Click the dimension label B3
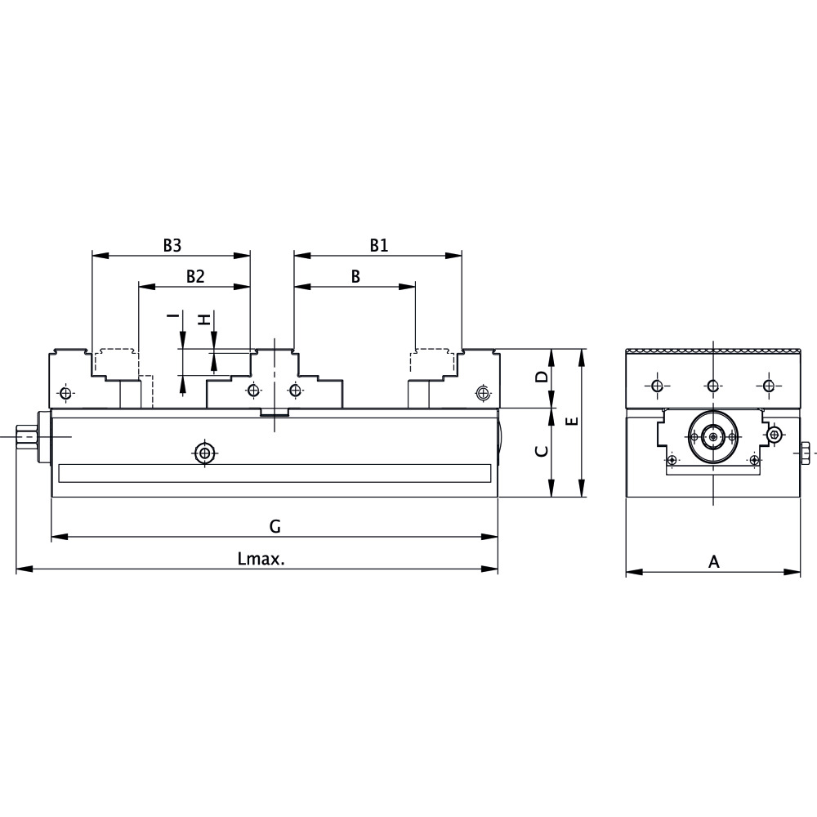[172, 244]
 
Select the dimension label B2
[194, 276]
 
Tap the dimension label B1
[378, 244]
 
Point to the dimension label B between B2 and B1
[355, 276]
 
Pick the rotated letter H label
[204, 319]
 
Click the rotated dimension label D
[541, 377]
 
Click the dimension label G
[275, 526]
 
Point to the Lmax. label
[261, 559]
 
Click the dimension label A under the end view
[713, 561]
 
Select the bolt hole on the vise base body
[203, 452]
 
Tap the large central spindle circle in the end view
[714, 438]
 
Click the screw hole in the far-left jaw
[65, 394]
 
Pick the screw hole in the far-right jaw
[483, 394]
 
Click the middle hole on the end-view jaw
[713, 386]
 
